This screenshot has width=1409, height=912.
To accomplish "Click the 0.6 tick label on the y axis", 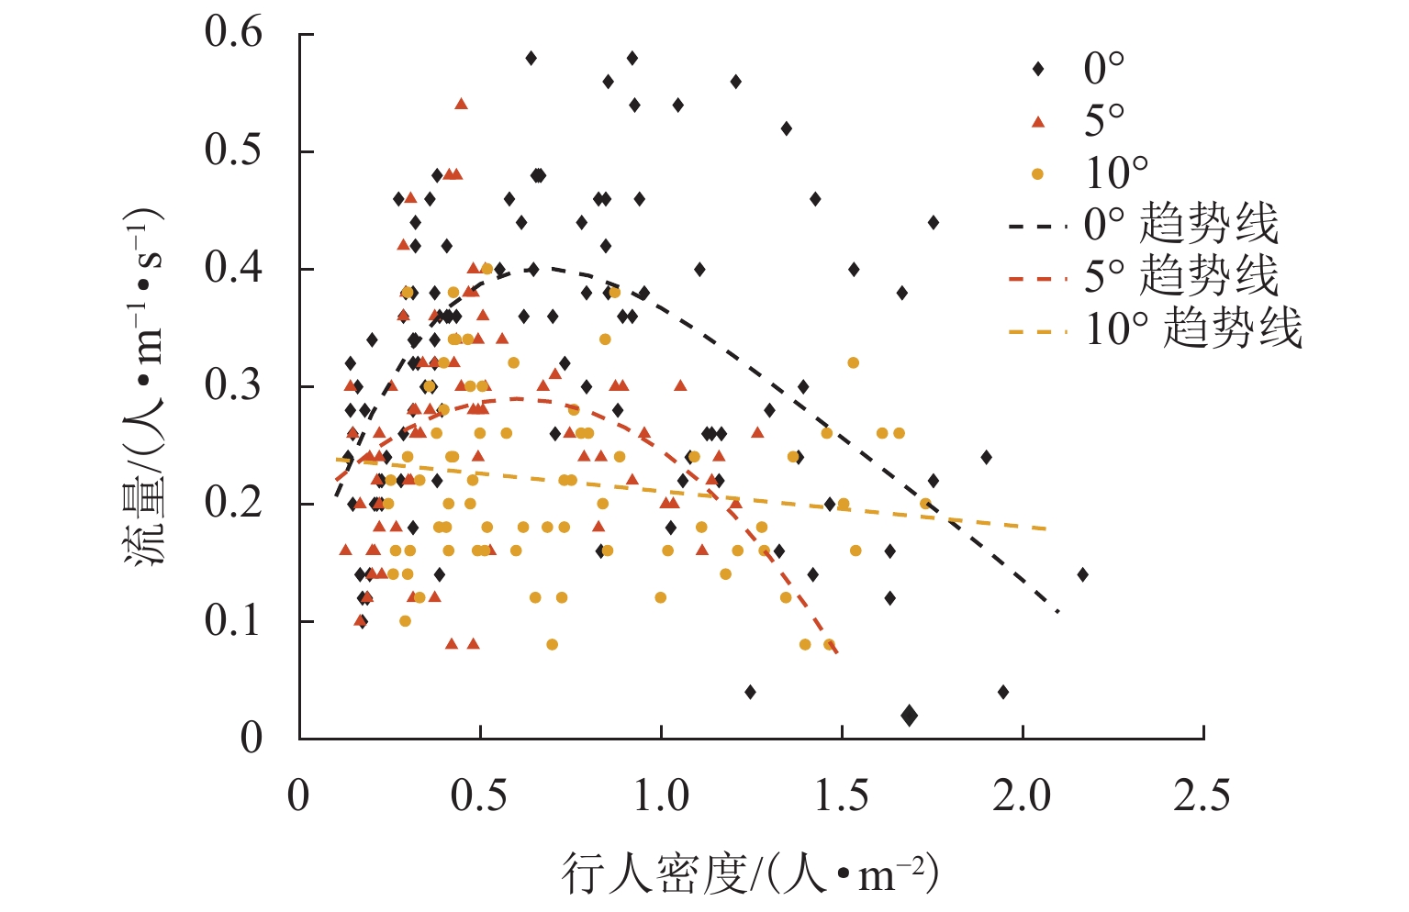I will point(233,33).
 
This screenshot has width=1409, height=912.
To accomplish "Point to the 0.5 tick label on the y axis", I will point(233,150).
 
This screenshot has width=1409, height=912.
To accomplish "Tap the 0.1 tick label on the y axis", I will point(233,621).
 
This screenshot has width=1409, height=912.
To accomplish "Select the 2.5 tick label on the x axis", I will point(1202,795).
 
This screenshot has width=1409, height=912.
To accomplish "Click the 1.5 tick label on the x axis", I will point(841,795).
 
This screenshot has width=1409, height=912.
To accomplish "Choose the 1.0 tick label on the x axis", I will point(661,795).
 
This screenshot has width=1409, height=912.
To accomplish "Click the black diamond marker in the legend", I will point(1038,69).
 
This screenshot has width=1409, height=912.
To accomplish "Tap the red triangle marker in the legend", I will point(1038,121).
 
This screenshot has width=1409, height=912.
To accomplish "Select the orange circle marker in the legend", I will point(1038,173).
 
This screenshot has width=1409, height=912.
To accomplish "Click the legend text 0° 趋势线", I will point(1180,224).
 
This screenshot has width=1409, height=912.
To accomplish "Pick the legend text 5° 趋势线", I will point(1180,276).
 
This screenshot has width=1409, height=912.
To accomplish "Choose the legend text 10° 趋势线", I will point(1192,328).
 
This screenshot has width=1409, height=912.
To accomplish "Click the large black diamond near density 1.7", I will point(909,716).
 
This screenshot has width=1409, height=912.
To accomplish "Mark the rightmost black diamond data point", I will point(1083,574).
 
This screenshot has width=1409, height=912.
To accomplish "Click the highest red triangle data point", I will point(461,104).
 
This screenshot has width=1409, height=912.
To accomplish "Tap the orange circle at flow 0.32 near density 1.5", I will point(853,363).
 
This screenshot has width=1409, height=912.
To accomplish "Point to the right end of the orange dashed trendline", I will point(1046,528).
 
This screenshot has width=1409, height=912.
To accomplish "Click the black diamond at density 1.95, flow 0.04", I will point(1003,692).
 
